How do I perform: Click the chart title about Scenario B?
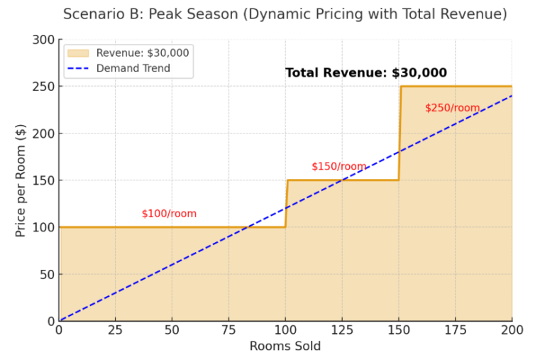pos(285,13)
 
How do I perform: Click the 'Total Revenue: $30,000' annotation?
pos(365,72)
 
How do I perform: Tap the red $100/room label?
pos(169,214)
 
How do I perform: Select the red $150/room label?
pos(338,167)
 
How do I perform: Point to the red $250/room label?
pos(452,108)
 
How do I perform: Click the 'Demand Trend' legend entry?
pos(133,69)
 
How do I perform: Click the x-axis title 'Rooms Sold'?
pos(285,347)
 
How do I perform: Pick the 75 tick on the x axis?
pos(229,330)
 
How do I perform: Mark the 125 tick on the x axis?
pos(342,330)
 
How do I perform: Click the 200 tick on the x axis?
pos(511,330)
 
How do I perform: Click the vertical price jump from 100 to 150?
pos(286,204)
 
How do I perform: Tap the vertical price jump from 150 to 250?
pos(400,133)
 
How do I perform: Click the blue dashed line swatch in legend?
pos(79,69)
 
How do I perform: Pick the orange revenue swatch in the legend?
pos(79,53)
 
